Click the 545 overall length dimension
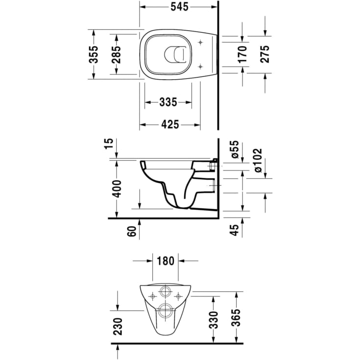click(x=179, y=8)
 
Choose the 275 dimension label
click(x=264, y=54)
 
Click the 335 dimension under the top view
click(x=168, y=102)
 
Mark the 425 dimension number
click(x=169, y=125)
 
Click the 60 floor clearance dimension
click(x=132, y=231)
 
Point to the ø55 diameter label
click(x=234, y=149)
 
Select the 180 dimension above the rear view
click(x=166, y=261)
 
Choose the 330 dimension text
click(x=214, y=319)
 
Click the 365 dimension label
click(x=237, y=319)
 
